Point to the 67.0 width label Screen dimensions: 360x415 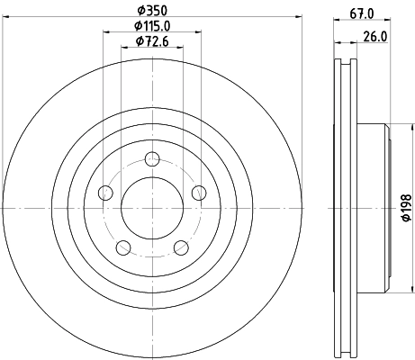[361, 13]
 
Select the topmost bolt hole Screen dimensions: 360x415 [151, 160]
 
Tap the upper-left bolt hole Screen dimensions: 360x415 [106, 193]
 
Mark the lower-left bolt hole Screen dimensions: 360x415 [123, 247]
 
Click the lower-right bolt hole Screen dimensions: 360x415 [180, 247]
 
